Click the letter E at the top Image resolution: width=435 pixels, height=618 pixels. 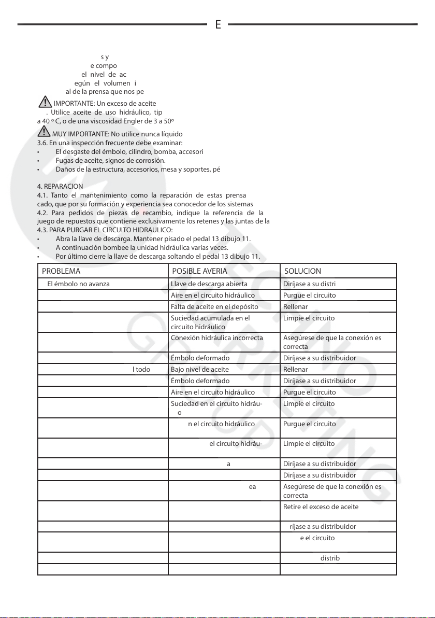pyautogui.click(x=218, y=24)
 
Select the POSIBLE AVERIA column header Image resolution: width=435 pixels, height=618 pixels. pyautogui.click(x=199, y=271)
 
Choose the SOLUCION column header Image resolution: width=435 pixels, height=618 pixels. pyautogui.click(x=302, y=271)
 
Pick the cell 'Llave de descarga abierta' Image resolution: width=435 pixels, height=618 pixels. pyautogui.click(x=209, y=284)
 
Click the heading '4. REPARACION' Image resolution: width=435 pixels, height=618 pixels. pyautogui.click(x=56, y=186)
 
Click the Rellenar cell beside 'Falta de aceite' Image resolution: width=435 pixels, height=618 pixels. pyautogui.click(x=295, y=306)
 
